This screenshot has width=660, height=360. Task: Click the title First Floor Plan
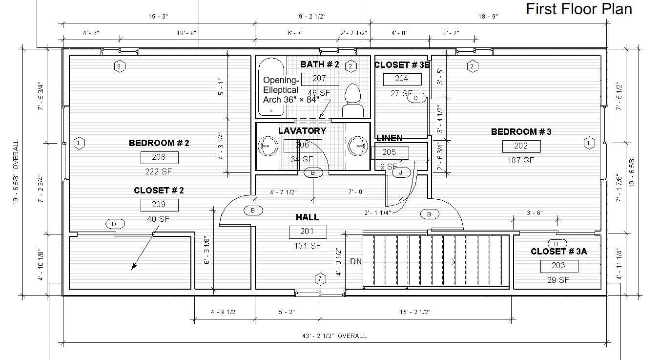[578, 9]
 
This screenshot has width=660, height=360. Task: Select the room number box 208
[160, 157]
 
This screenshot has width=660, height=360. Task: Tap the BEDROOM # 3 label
[521, 131]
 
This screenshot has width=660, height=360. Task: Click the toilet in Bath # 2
[352, 100]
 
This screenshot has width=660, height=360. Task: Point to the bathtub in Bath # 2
[271, 86]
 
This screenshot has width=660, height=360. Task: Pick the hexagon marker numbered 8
[119, 66]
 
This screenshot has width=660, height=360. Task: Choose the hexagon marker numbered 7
[320, 279]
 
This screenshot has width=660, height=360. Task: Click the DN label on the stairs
[356, 261]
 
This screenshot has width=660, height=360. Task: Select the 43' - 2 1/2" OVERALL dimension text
[334, 336]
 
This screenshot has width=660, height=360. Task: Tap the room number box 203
[559, 266]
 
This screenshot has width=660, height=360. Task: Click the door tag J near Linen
[401, 173]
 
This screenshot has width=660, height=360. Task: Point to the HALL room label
[308, 217]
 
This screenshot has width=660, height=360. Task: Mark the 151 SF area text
[308, 246]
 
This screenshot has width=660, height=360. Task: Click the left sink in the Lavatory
[268, 146]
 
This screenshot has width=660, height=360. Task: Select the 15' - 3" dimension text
[158, 17]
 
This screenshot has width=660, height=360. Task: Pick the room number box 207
[320, 79]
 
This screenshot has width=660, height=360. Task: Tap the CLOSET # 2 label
[159, 191]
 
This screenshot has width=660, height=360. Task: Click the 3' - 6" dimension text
[535, 212]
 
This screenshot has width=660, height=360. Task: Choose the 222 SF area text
[158, 171]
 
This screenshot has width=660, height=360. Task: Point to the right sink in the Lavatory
[357, 146]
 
